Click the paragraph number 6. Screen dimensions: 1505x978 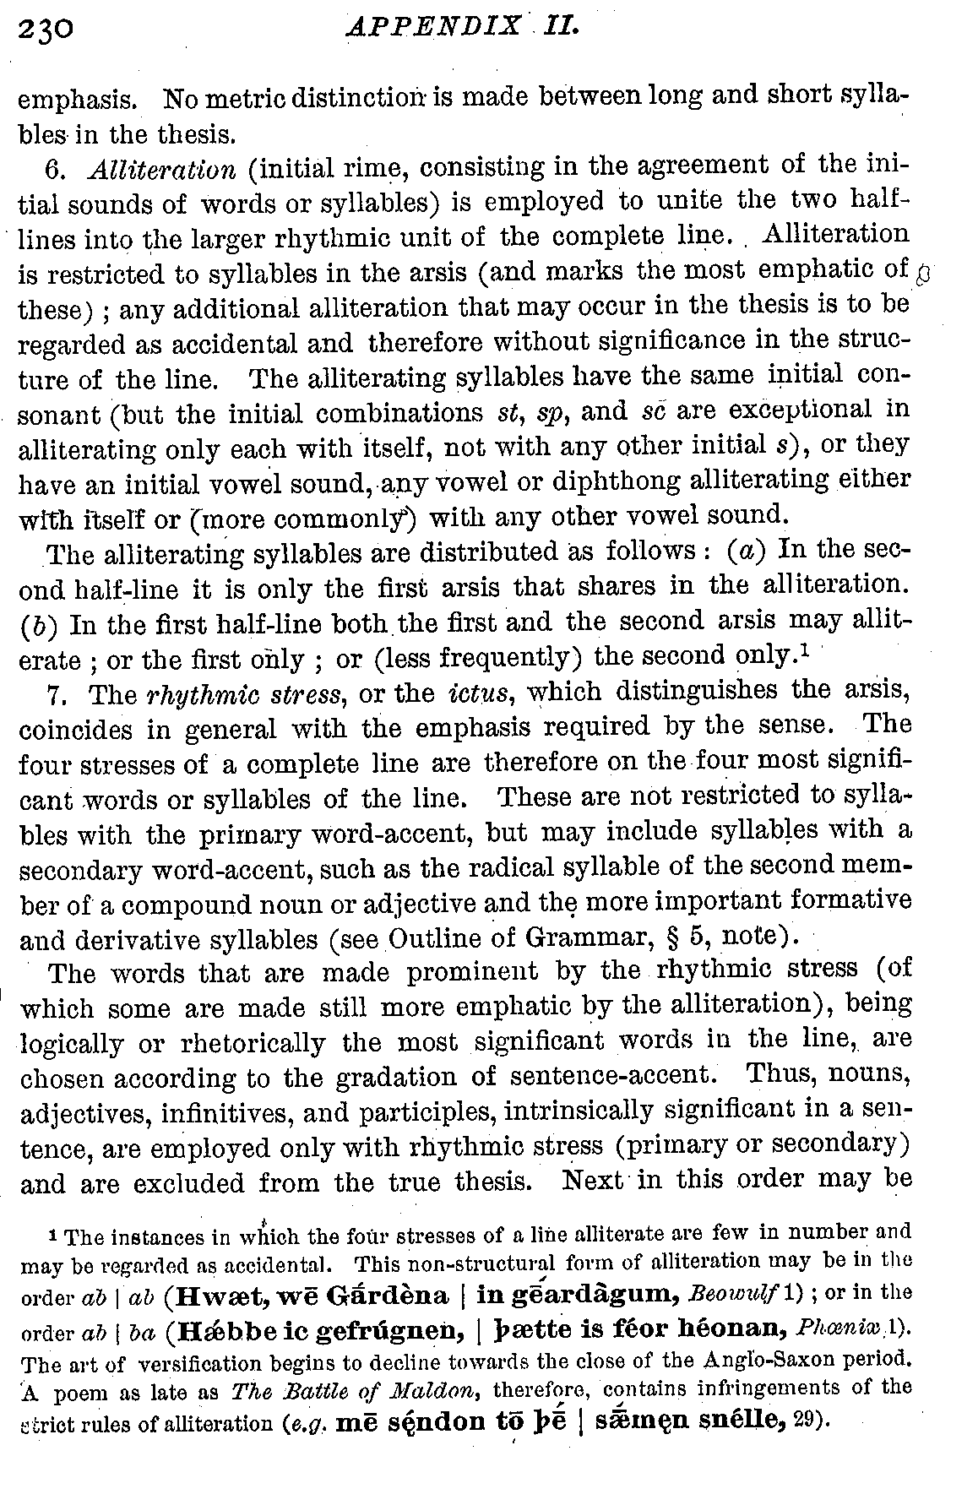[x=56, y=169]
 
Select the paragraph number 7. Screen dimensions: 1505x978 [x=56, y=695]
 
